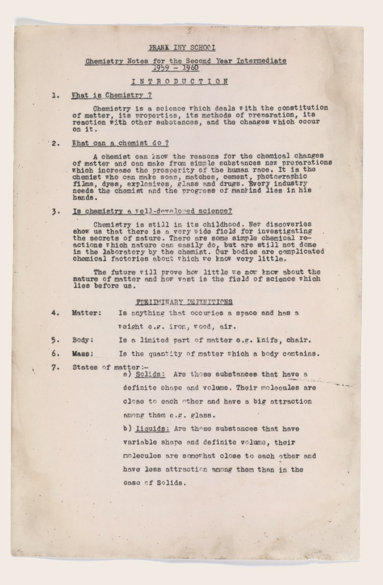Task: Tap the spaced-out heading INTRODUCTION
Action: [x=179, y=82]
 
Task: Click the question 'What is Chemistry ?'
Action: [x=108, y=95]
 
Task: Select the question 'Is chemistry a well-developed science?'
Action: [x=152, y=211]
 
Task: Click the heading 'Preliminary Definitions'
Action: [x=184, y=302]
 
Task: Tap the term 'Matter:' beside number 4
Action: [x=86, y=313]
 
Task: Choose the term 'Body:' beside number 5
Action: [x=83, y=340]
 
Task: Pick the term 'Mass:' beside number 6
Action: [x=83, y=353]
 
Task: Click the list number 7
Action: [x=55, y=367]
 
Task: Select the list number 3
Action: [x=55, y=211]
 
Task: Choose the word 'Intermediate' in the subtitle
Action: [x=261, y=61]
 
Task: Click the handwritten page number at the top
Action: [x=189, y=31]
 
